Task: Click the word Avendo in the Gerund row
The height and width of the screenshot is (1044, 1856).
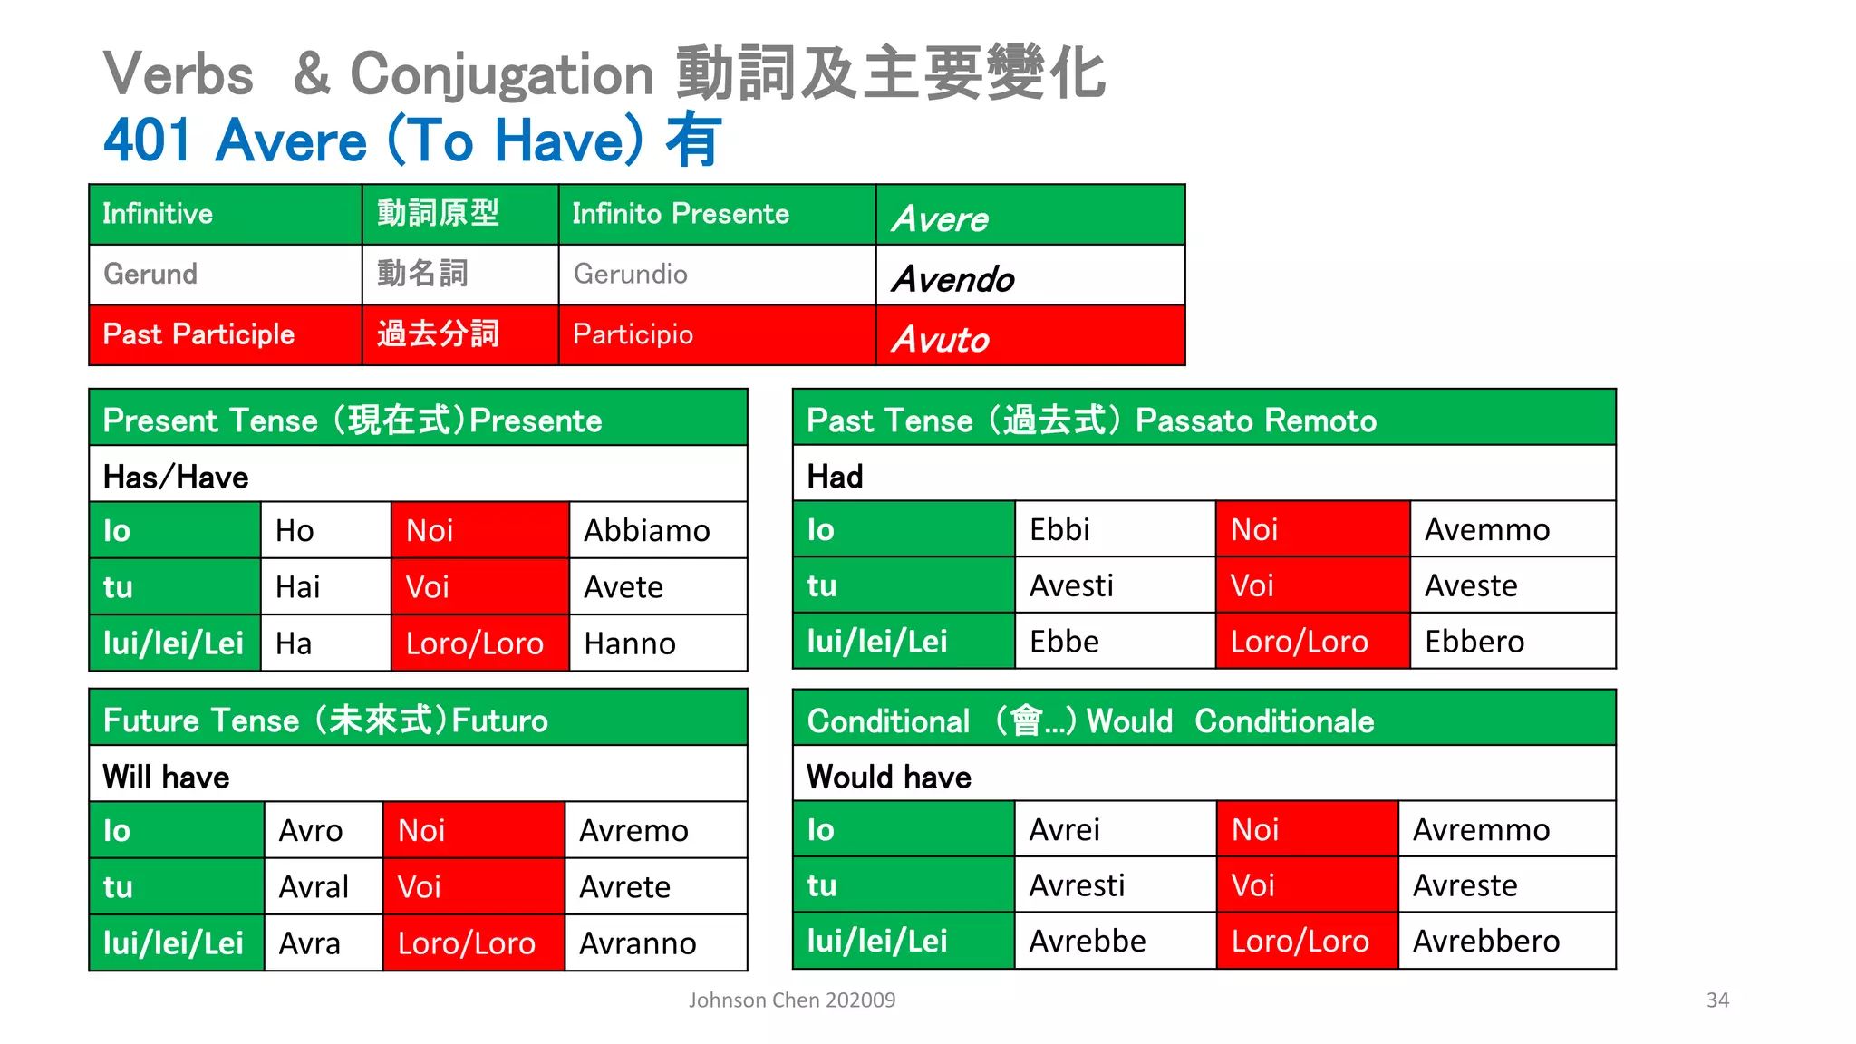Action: (952, 279)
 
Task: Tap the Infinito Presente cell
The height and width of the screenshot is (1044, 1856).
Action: (681, 214)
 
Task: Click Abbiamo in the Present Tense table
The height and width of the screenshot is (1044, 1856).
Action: (646, 531)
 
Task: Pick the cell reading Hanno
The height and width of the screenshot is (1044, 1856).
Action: (630, 643)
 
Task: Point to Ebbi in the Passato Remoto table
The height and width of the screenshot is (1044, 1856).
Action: (1059, 530)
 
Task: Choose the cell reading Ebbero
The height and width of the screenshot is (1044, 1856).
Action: (1474, 642)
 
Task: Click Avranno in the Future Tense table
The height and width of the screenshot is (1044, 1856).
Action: (638, 943)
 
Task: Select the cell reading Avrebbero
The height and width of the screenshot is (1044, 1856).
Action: (1486, 942)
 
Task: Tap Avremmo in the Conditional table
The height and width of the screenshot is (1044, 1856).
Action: (1481, 830)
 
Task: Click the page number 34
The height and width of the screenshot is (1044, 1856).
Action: (1717, 1000)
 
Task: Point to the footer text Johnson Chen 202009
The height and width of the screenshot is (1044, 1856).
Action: (792, 1000)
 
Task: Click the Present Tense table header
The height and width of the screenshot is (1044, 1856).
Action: (353, 420)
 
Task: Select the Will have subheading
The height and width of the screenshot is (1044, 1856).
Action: (167, 777)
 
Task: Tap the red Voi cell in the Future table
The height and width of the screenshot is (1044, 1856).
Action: (420, 886)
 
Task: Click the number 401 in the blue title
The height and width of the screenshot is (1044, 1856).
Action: (147, 141)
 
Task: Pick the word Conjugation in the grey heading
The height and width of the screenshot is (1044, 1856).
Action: (501, 74)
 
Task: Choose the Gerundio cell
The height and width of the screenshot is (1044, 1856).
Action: (631, 274)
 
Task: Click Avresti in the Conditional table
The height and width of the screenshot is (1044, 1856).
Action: (1077, 885)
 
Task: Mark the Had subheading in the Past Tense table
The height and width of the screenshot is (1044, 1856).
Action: (835, 477)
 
